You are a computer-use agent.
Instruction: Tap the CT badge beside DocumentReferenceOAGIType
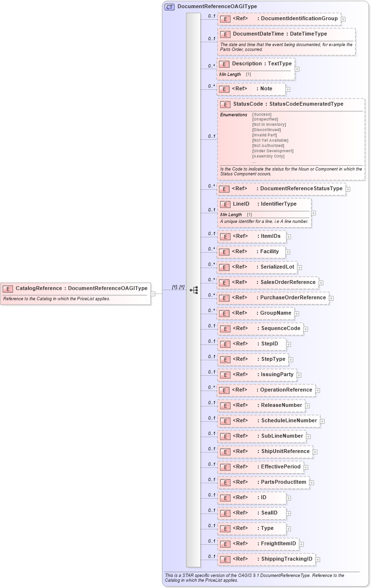[169, 7]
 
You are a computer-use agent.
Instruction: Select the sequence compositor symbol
[194, 290]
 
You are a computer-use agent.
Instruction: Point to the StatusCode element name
[248, 104]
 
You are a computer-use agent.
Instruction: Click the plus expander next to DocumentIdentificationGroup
[343, 19]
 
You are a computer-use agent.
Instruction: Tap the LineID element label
[241, 204]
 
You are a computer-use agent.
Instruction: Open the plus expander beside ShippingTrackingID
[318, 559]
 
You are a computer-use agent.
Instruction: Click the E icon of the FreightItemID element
[224, 544]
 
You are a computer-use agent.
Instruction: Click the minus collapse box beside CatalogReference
[153, 294]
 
